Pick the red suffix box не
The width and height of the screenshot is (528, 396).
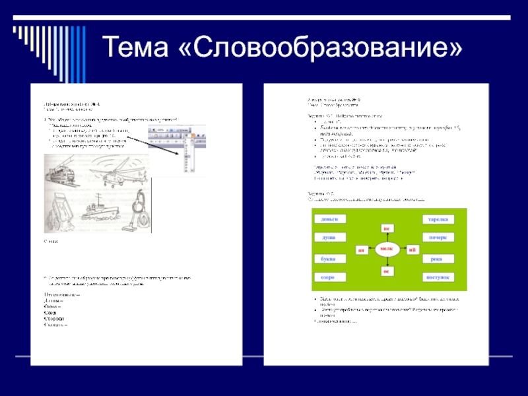(x=387, y=228)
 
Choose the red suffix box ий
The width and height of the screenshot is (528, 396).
(x=412, y=250)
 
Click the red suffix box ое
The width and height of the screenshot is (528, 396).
(x=387, y=271)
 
